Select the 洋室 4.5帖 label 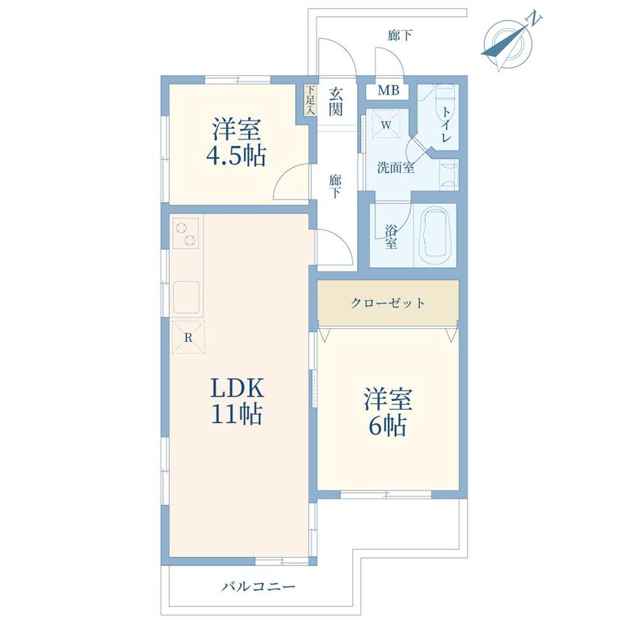(237, 142)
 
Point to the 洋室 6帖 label (388, 412)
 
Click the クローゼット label (388, 303)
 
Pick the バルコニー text (258, 586)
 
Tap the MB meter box (389, 90)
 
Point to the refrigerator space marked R (188, 337)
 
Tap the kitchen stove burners (185, 234)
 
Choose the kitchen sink (186, 297)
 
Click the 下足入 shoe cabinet (311, 100)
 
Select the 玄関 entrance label (336, 101)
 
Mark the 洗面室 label (396, 168)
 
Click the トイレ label (446, 125)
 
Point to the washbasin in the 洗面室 (449, 175)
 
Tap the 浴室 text (391, 237)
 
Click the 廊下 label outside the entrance (400, 36)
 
